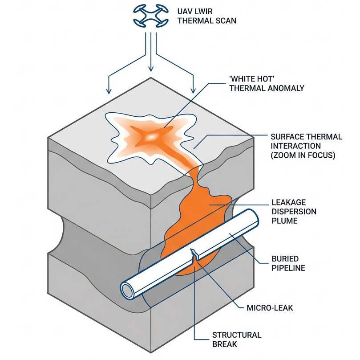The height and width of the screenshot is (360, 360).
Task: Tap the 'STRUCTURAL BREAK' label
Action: coord(236,340)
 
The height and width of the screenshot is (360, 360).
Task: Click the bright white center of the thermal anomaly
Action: coord(154,135)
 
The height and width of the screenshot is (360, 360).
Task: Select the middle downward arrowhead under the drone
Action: coord(151,69)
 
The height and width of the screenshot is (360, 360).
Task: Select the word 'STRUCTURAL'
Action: coord(236,335)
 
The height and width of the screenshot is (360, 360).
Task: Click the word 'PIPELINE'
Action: coord(288,268)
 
